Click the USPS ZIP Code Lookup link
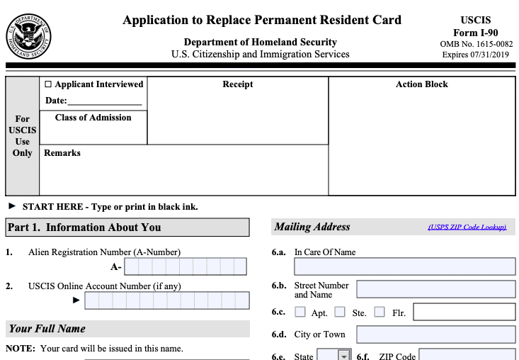click(x=467, y=227)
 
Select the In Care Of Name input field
click(x=404, y=266)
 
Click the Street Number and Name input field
click(x=435, y=289)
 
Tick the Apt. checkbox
click(x=300, y=312)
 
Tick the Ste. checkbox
click(x=340, y=312)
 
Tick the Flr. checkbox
click(x=380, y=312)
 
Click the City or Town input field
click(x=435, y=334)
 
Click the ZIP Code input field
click(x=467, y=356)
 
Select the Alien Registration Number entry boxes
click(x=185, y=266)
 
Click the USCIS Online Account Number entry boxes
click(x=166, y=300)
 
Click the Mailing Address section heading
click(x=312, y=227)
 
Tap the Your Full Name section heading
click(x=47, y=329)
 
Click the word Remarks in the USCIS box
click(x=62, y=153)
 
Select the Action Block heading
click(x=421, y=84)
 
